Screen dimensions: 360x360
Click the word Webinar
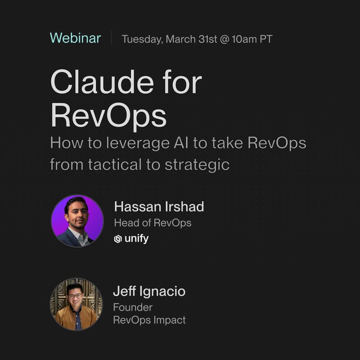tap(75, 38)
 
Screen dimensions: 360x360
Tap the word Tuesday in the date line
tap(142, 39)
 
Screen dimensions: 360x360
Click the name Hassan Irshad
tap(159, 207)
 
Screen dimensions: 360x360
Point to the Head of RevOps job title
tap(153, 223)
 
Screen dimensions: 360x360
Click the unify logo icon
tap(118, 239)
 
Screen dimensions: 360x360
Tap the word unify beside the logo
tap(136, 238)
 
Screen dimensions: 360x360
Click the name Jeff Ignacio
tap(149, 291)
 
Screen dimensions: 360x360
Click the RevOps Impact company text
tap(149, 320)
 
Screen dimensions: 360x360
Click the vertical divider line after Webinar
tap(111, 38)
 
